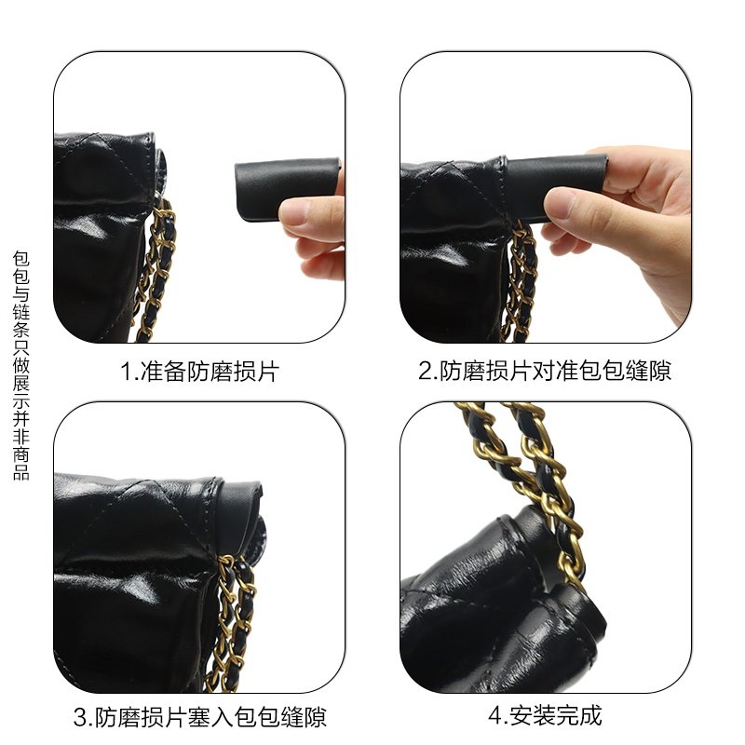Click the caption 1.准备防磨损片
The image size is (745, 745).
[x=199, y=371]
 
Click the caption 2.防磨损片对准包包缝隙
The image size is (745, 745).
[x=545, y=371]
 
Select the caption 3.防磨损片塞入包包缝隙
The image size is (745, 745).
[x=199, y=717]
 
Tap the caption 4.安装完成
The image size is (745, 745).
[x=545, y=715]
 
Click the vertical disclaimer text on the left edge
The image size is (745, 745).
[x=20, y=365]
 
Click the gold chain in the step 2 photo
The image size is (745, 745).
[x=520, y=280]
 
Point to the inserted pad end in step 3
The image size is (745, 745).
[x=240, y=504]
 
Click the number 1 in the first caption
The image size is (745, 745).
[x=125, y=372]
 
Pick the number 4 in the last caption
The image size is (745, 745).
[x=494, y=715]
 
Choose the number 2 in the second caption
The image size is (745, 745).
[x=425, y=372]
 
